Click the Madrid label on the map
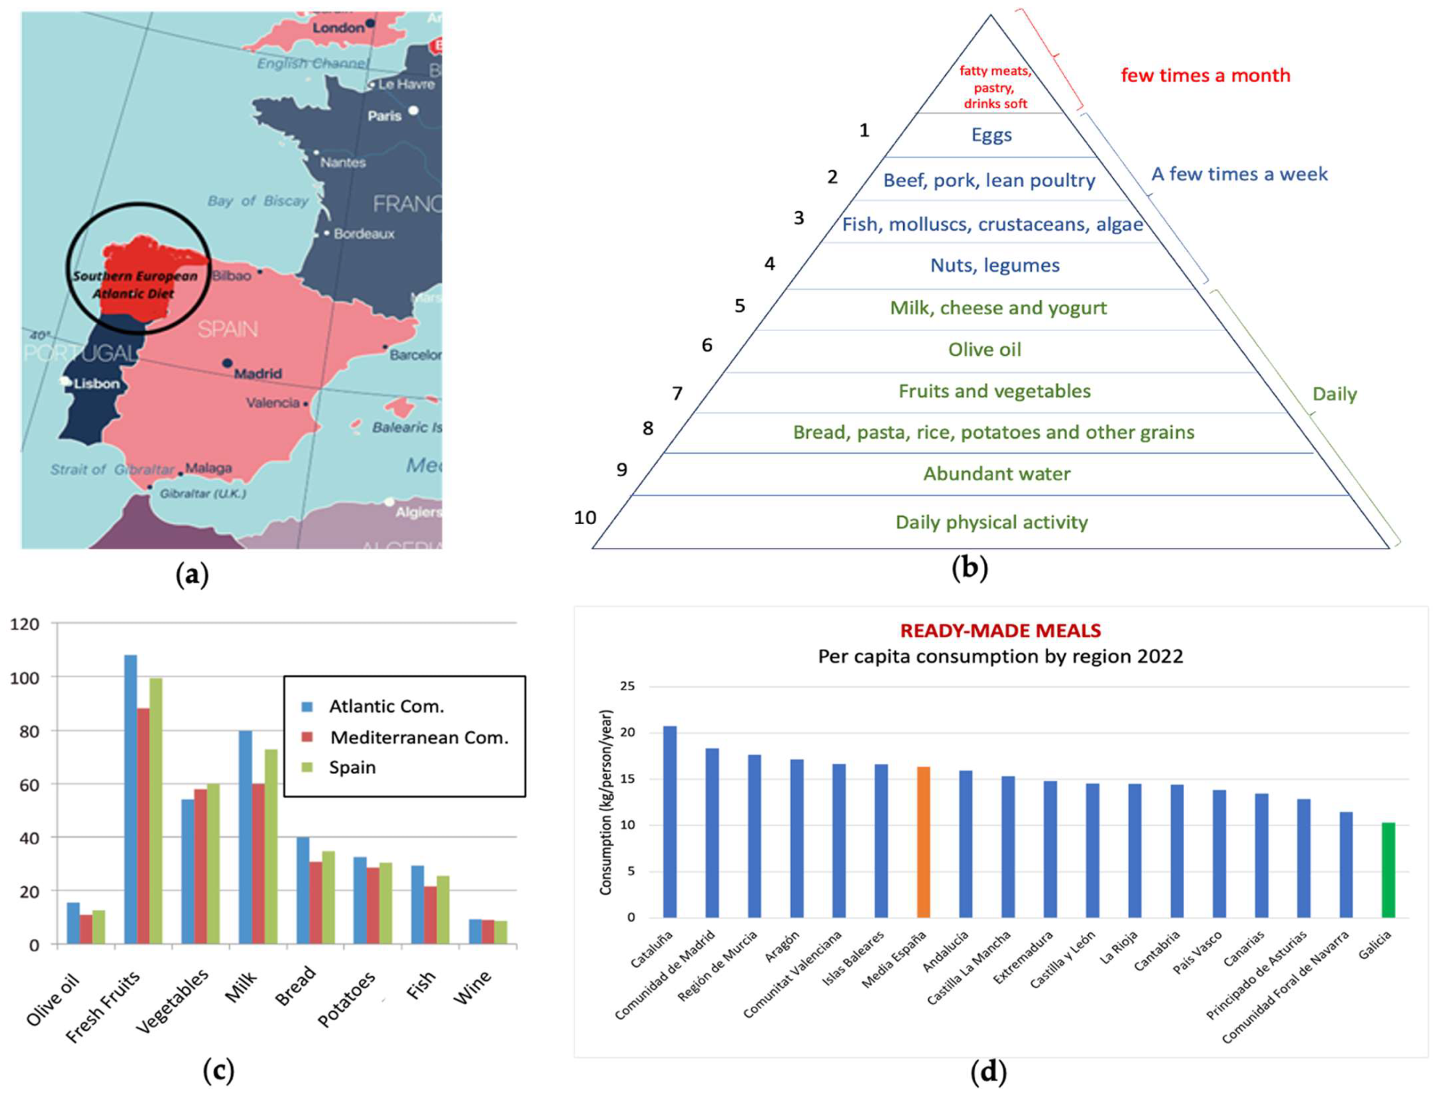click(257, 374)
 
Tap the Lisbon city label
click(96, 383)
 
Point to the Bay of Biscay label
click(257, 201)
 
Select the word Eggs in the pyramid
click(991, 135)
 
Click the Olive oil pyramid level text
click(984, 350)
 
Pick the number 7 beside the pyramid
click(677, 394)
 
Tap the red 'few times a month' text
click(1205, 76)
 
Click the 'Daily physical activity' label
click(991, 523)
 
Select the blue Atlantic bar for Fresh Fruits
click(131, 799)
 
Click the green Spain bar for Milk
click(271, 846)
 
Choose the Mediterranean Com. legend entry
click(418, 737)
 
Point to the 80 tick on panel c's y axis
click(30, 731)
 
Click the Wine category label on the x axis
click(472, 987)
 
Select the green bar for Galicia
click(1388, 870)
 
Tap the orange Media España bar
click(923, 842)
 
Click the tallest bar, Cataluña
click(670, 822)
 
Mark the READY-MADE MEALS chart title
click(1000, 631)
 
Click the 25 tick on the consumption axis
click(627, 686)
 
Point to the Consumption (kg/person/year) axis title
click(606, 802)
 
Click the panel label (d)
click(988, 1072)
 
